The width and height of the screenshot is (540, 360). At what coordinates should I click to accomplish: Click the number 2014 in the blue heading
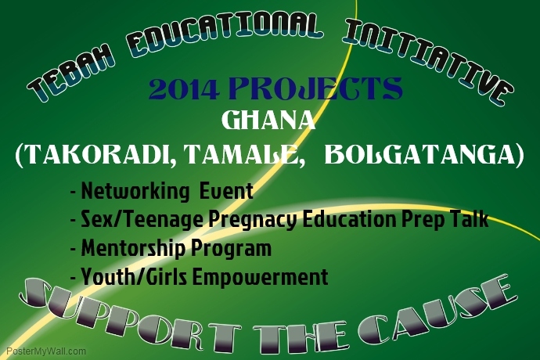(184, 89)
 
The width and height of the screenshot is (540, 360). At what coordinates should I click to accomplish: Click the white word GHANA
(268, 121)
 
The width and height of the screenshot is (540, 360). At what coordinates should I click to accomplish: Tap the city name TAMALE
(241, 154)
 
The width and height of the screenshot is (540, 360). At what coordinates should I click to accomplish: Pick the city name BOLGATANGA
(419, 154)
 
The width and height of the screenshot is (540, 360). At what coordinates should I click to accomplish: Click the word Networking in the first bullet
(135, 192)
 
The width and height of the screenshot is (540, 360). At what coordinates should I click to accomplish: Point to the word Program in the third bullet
(231, 249)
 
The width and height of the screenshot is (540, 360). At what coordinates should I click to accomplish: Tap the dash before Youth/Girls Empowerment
(74, 276)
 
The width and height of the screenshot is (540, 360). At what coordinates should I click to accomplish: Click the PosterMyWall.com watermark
(46, 351)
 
